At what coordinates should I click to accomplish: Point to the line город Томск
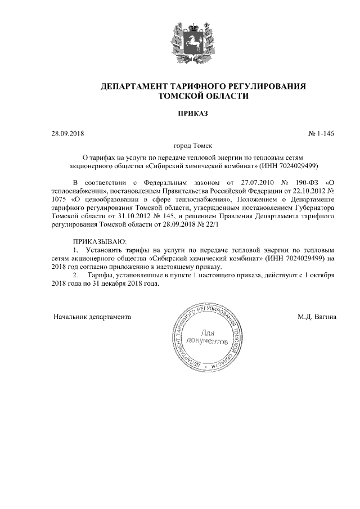(179, 146)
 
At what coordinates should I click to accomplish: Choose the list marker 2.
(77, 275)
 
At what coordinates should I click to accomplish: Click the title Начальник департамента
(92, 317)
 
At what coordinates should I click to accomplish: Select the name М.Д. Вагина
(317, 317)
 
